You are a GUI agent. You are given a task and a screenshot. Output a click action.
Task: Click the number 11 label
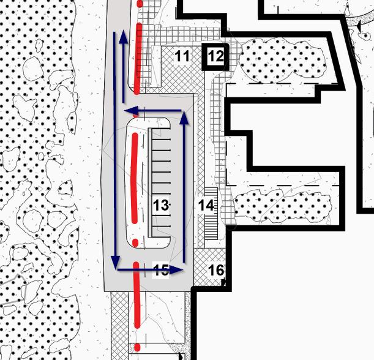(x=182, y=57)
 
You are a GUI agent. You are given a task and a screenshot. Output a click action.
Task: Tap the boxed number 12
(x=215, y=57)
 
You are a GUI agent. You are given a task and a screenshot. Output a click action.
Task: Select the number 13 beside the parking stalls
(x=160, y=206)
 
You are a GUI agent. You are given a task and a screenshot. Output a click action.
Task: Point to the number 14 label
(x=206, y=206)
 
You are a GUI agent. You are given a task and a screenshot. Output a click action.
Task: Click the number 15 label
(x=160, y=270)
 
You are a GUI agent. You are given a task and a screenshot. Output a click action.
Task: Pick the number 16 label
(x=216, y=270)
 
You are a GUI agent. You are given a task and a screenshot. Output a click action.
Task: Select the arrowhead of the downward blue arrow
(x=115, y=262)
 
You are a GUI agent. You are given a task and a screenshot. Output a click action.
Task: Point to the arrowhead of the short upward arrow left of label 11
(x=124, y=37)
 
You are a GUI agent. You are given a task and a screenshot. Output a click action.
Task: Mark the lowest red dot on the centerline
(x=137, y=347)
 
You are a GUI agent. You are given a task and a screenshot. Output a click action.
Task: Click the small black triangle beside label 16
(x=225, y=283)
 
